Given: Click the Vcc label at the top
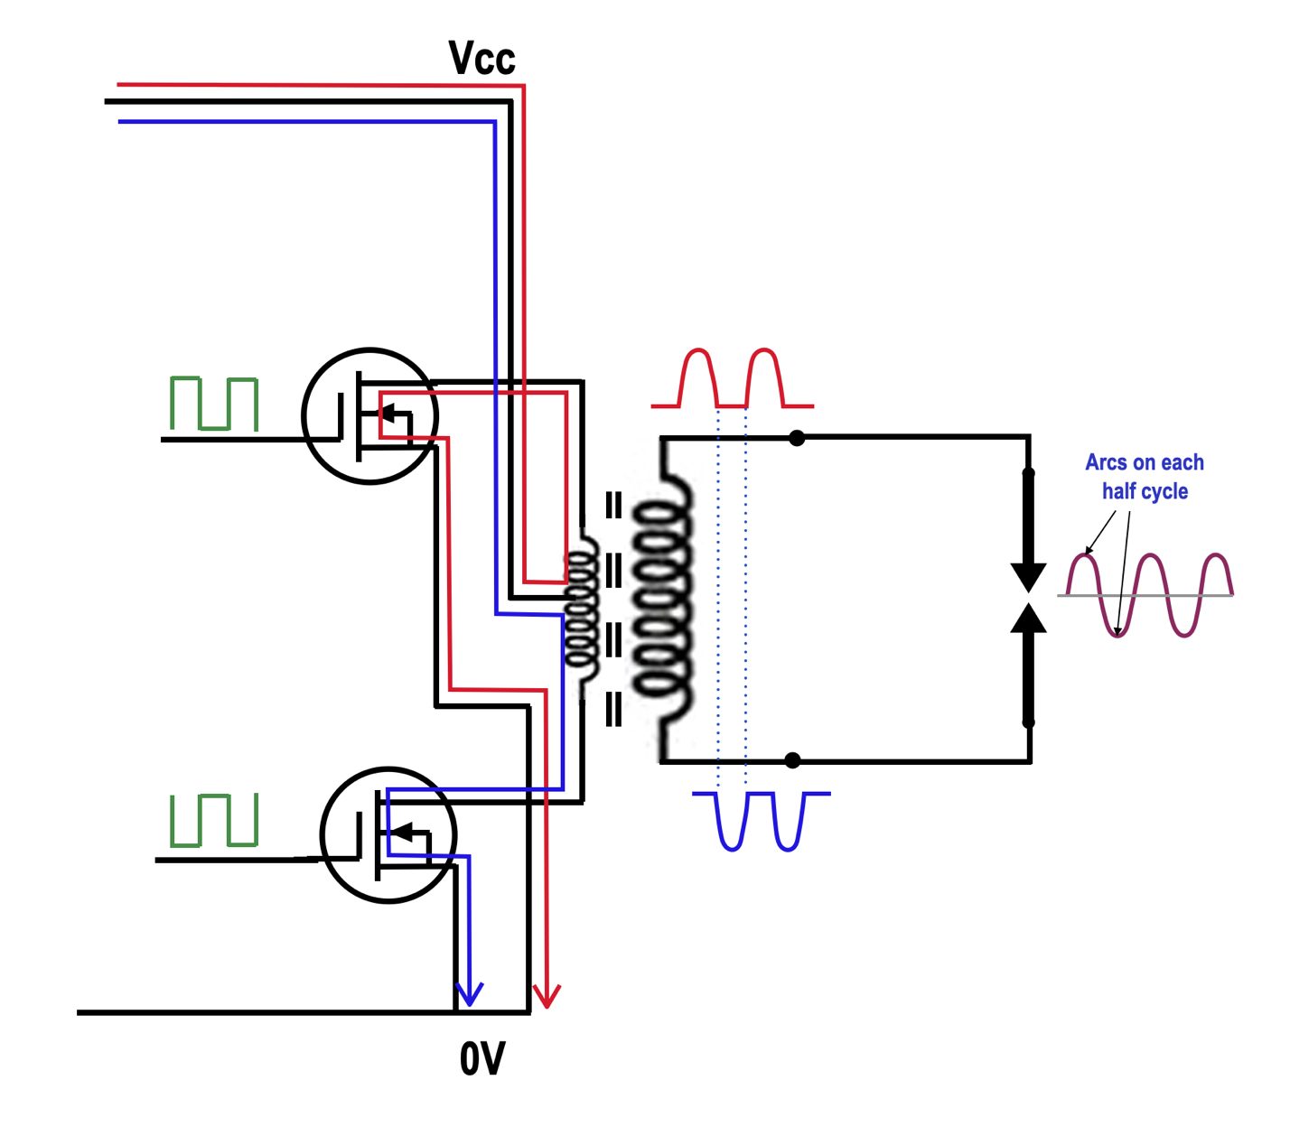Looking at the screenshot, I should [481, 59].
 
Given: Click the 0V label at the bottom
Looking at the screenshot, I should [482, 1058].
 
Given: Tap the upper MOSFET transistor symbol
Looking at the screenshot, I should [369, 416].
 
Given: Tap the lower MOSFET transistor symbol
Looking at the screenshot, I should [388, 835].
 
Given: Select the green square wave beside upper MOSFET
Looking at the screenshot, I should [214, 404].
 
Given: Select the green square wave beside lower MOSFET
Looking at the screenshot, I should [214, 820].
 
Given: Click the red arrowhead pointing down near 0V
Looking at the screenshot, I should [547, 995].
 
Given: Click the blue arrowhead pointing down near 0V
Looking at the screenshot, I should [469, 994].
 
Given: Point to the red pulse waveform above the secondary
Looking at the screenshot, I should [732, 379].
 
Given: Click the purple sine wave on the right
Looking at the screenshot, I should [1147, 595].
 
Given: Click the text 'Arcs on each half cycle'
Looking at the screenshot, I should [1144, 477].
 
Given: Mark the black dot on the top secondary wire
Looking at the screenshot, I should [796, 438].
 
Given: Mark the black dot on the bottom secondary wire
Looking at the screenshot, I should [792, 760].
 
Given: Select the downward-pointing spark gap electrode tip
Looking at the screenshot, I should [1028, 577].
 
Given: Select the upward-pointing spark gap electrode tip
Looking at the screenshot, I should [1028, 619].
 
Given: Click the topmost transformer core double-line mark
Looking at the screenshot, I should [613, 505].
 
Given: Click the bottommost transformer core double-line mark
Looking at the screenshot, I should [613, 709].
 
